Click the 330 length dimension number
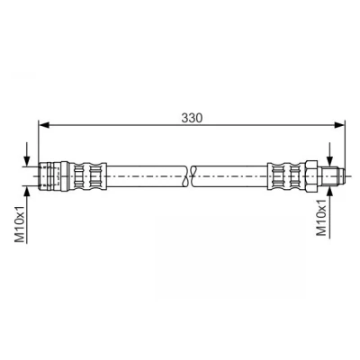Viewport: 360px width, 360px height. coord(192,118)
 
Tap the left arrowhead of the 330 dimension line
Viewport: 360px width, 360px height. coord(44,125)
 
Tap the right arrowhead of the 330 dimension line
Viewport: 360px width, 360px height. coord(340,125)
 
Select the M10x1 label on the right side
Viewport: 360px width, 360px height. coord(321,217)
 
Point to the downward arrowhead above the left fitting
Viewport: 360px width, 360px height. coord(27,161)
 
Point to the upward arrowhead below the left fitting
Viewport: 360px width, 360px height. coord(27,191)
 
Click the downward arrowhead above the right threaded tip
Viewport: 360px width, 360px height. coord(330,161)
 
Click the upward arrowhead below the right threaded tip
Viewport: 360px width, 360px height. coord(330,191)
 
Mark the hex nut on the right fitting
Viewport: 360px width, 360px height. coord(311,176)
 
